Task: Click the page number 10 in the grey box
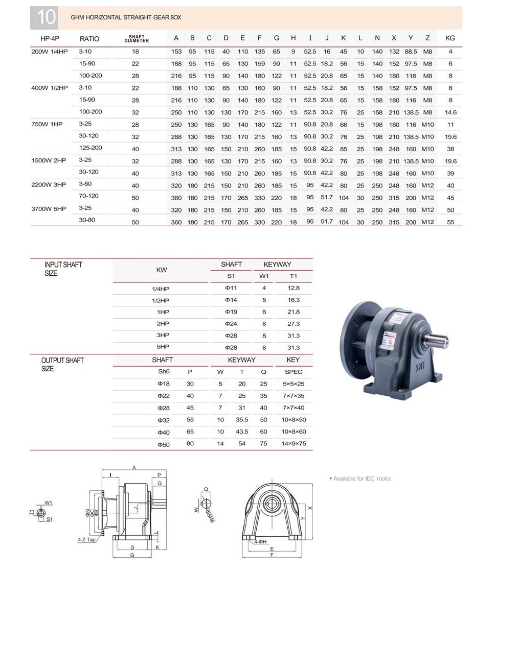tap(44, 17)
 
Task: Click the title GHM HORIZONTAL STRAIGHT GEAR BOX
tap(126, 17)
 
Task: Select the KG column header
tap(450, 38)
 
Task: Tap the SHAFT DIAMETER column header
tap(137, 39)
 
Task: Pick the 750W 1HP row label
tap(47, 124)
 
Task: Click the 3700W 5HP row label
tap(49, 208)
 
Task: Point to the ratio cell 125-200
tap(91, 148)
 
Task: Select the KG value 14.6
tap(450, 112)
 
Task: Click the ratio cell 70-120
tap(88, 196)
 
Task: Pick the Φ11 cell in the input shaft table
tap(231, 288)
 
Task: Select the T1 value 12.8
tap(293, 288)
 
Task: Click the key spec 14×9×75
tap(293, 444)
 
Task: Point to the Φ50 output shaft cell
tap(163, 444)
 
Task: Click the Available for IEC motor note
tap(363, 479)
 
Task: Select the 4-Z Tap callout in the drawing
tap(86, 539)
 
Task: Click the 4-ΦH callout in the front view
tap(260, 542)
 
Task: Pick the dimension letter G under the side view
tap(132, 555)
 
